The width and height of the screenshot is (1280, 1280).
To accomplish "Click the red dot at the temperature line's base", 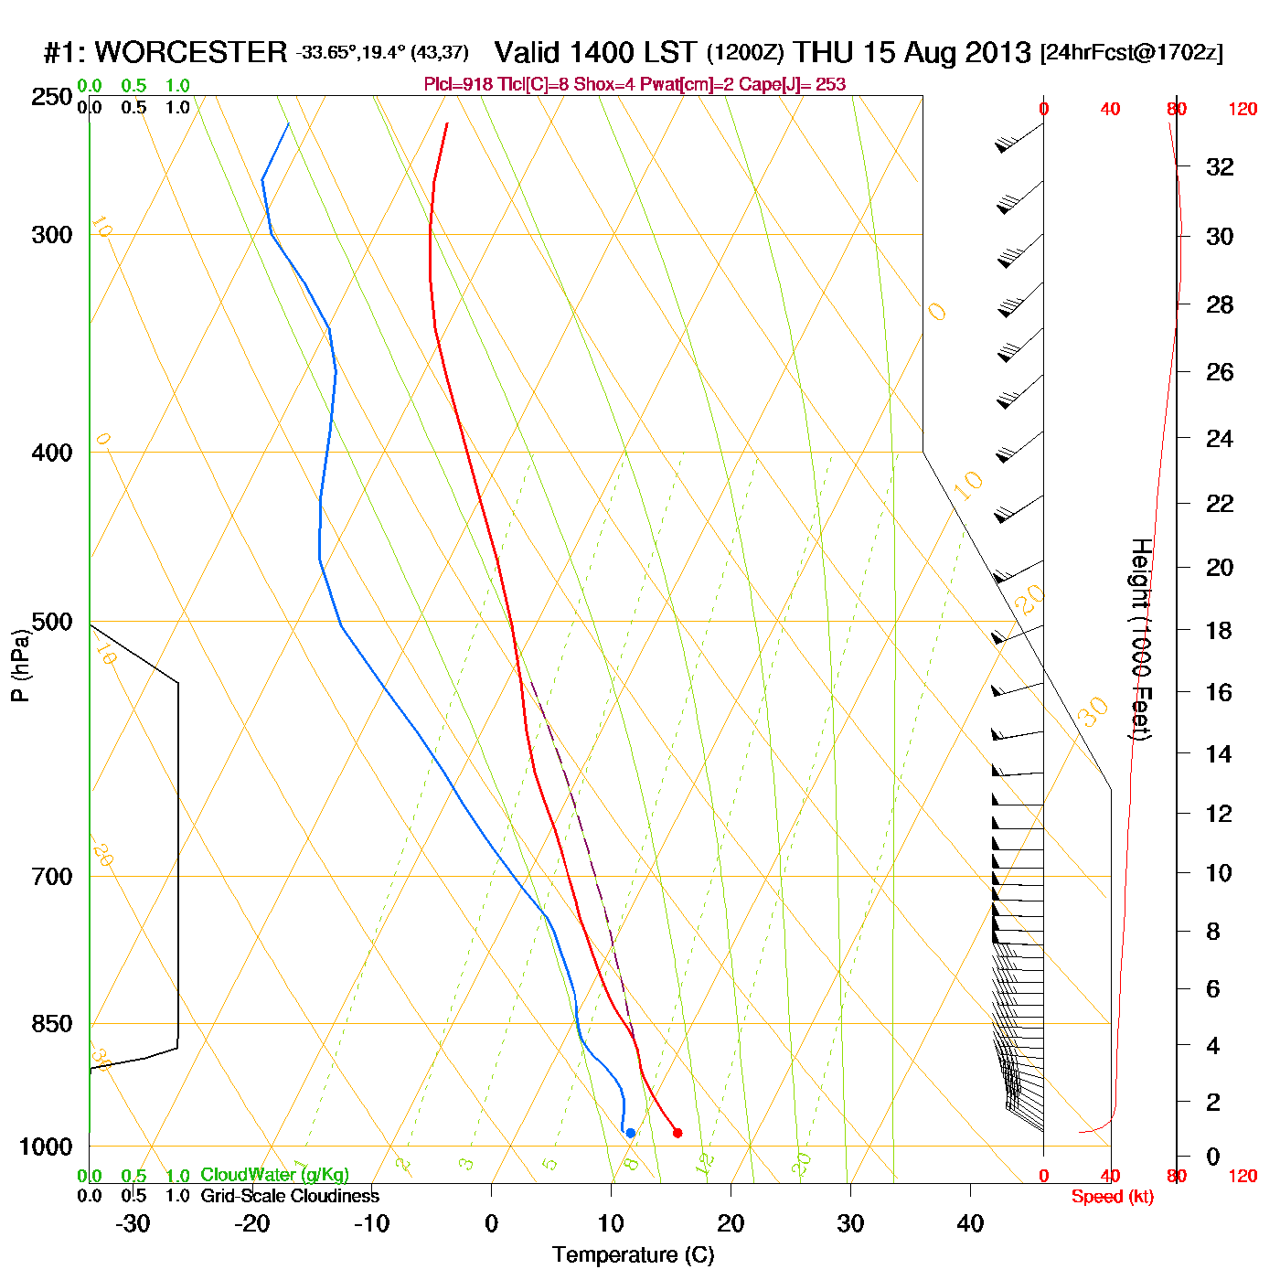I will pos(677,1133).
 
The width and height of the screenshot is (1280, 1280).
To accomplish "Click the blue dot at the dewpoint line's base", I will pos(630,1133).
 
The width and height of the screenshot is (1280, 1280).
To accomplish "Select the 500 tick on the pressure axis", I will pos(52,622).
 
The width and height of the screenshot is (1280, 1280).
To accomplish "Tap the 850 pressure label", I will pos(52,1024).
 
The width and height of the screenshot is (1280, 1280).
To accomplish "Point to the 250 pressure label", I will pos(52,97).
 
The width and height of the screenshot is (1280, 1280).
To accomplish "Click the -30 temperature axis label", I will pos(133,1223).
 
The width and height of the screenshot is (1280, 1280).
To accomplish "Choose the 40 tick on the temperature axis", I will pos(970,1223).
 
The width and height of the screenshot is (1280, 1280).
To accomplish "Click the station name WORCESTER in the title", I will pos(190,52).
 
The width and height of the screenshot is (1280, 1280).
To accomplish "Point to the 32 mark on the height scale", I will pos(1220,167).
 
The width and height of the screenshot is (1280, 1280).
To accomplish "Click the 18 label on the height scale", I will pos(1219,630).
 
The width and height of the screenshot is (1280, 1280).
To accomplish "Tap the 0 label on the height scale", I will pos(1213,1157).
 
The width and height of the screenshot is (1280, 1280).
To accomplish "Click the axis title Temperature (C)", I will pos(633,1255).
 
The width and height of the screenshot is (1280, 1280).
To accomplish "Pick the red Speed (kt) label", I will pos(1112,1197).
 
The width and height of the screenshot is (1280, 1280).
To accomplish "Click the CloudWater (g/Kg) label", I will pos(274,1175).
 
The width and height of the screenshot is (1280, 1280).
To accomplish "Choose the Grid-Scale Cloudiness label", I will pos(290,1196).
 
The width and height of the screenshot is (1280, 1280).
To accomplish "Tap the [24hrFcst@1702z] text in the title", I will pos(1131,52).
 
